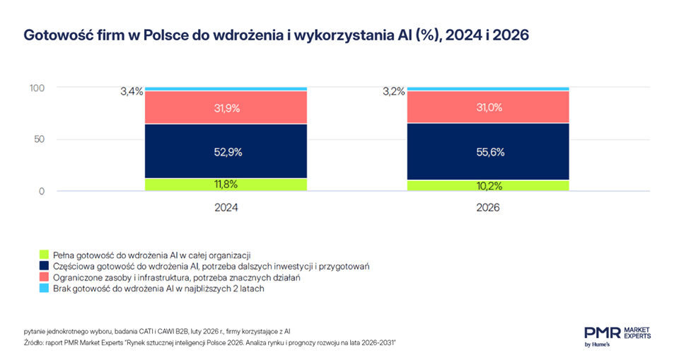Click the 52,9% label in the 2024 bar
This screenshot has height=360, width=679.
pos(226,151)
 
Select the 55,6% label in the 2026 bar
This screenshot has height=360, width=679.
pos(488,151)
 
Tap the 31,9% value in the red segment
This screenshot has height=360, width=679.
pos(226,108)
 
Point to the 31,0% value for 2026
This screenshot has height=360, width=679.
pos(488,108)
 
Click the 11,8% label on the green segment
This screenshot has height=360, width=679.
pos(226,185)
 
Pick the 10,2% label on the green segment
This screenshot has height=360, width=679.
pos(488,186)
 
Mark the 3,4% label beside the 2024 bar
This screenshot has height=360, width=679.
pos(132,91)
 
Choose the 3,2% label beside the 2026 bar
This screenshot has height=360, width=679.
pos(394,91)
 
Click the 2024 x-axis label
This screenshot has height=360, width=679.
pos(226,208)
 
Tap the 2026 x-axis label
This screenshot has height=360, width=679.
pos(488,208)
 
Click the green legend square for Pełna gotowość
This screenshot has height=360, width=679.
pos(43,254)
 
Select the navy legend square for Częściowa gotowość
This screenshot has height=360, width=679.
pos(43,266)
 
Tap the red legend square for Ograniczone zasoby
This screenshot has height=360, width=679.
pos(43,278)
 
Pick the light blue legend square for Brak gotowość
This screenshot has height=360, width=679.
pos(43,289)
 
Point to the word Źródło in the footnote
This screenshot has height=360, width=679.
pos(35,343)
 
